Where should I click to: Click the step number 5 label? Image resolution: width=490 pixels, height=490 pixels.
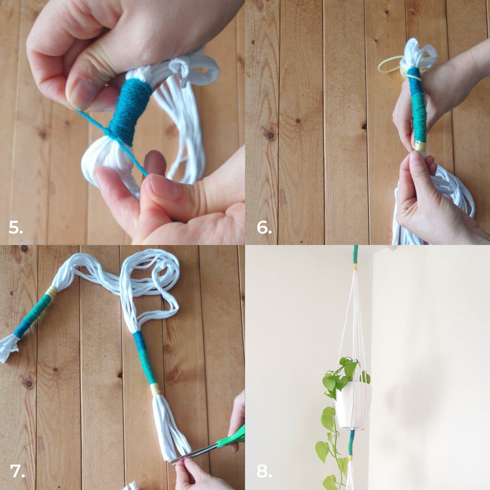coord(16,227)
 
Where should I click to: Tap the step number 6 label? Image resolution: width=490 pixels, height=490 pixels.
coord(264,227)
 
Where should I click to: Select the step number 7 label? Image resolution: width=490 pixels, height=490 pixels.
coord(17,471)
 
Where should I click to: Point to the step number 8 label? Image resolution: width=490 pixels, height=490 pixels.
coord(264,471)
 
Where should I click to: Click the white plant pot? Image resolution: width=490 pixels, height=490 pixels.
coord(352,405)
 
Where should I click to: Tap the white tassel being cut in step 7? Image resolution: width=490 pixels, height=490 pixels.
coord(171,423)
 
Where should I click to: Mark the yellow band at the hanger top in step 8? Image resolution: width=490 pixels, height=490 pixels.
coord(355,267)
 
